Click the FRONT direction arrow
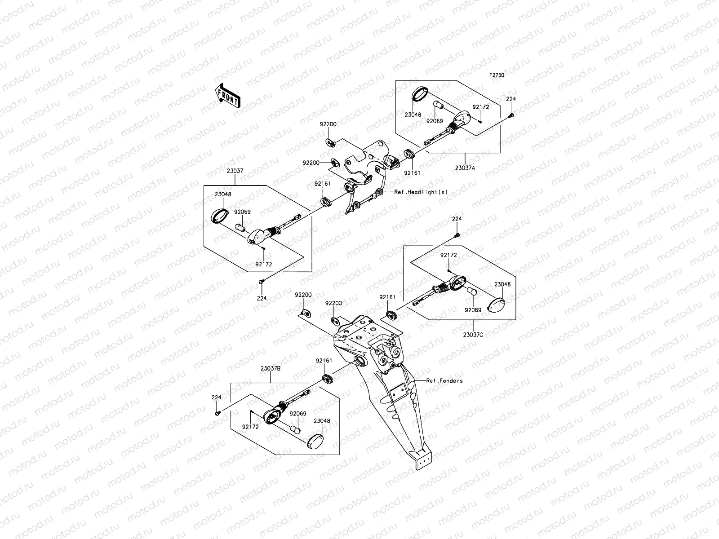pyautogui.click(x=228, y=95)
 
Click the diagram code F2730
pyautogui.click(x=497, y=75)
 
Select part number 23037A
pyautogui.click(x=465, y=168)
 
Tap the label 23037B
pyautogui.click(x=271, y=368)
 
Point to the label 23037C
pyautogui.click(x=473, y=335)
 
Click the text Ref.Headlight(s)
pyautogui.click(x=421, y=192)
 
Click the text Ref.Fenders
pyautogui.click(x=444, y=380)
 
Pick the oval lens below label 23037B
pyautogui.click(x=315, y=442)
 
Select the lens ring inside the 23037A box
pyautogui.click(x=420, y=94)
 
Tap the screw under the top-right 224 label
pyautogui.click(x=512, y=115)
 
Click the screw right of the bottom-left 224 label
pyautogui.click(x=217, y=414)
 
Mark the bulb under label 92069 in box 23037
pyautogui.click(x=241, y=228)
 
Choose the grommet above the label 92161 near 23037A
pyautogui.click(x=409, y=154)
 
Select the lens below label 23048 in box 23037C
pyautogui.click(x=496, y=305)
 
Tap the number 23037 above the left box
pyautogui.click(x=235, y=171)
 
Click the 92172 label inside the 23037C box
pyautogui.click(x=448, y=255)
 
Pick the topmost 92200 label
pyautogui.click(x=328, y=124)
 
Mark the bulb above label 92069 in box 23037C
pyautogui.click(x=472, y=292)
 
